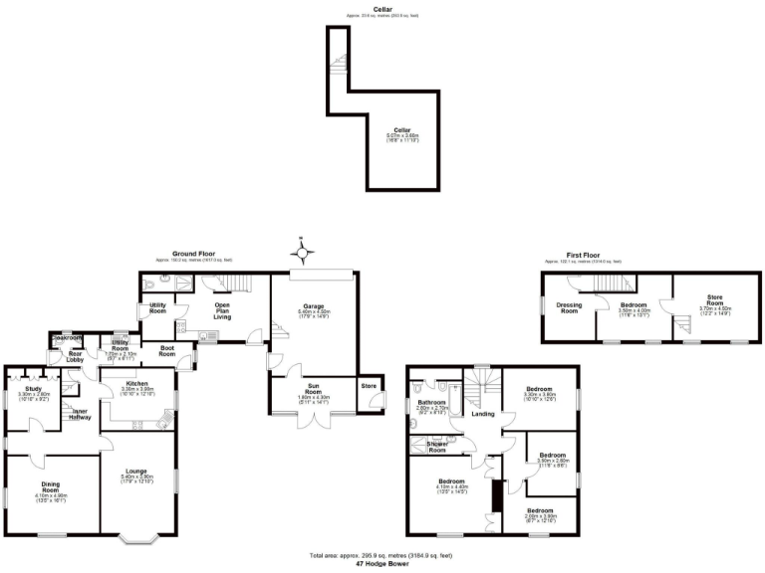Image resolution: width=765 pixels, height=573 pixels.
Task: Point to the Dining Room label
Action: [50, 487]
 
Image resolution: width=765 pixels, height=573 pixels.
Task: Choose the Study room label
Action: [34, 391]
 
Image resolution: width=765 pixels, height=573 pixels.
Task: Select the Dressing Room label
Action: [569, 307]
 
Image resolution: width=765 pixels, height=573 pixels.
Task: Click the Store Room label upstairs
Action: [714, 299]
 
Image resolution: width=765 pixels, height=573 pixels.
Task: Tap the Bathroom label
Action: [431, 404]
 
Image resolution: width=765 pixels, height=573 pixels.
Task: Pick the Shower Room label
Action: [437, 446]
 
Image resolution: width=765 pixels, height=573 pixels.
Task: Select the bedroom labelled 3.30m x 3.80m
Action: [539, 390]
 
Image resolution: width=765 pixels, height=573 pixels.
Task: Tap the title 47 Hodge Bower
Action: [382, 563]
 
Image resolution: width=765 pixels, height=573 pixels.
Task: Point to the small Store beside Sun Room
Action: [369, 386]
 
